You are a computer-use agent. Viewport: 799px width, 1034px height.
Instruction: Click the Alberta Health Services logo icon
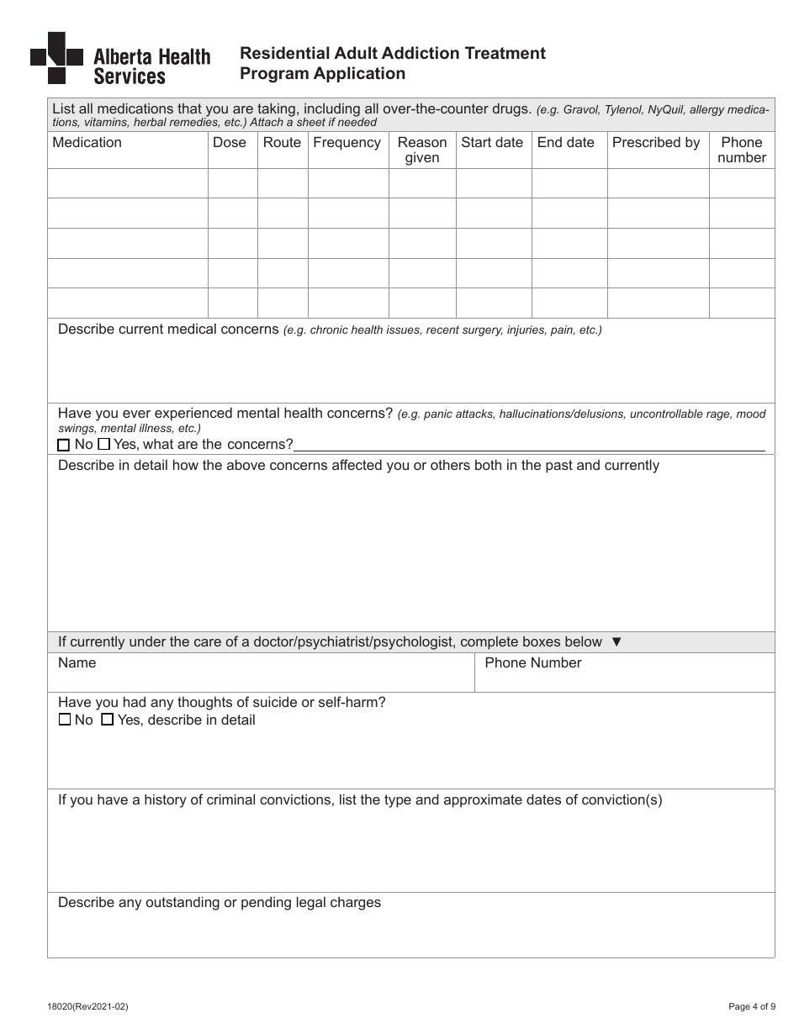click(56, 57)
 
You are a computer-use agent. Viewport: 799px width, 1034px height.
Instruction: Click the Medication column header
click(87, 143)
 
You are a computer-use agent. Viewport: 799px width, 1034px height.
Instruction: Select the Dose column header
click(230, 143)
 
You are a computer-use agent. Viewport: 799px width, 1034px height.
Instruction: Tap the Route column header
click(282, 143)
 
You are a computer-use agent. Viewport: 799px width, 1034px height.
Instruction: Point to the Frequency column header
click(347, 143)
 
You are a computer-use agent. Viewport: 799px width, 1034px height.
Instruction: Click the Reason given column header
click(422, 150)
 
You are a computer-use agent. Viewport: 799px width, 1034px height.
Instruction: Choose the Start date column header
click(492, 143)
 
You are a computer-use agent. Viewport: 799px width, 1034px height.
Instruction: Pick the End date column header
click(566, 143)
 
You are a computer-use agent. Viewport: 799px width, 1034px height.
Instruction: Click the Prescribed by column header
click(656, 143)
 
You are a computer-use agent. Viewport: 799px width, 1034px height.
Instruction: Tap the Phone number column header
click(742, 150)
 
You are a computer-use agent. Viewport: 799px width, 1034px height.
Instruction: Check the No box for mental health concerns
click(64, 445)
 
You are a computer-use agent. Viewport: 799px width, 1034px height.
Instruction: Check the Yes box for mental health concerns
click(104, 444)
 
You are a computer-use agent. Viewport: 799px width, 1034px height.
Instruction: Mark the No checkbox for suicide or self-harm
click(65, 720)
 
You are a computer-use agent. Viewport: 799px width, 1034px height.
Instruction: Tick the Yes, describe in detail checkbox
click(107, 720)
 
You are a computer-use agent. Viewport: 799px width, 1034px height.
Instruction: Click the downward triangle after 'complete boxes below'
click(616, 642)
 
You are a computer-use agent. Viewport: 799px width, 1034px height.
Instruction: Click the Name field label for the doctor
click(77, 663)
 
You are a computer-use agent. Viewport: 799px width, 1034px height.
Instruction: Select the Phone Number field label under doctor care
click(533, 663)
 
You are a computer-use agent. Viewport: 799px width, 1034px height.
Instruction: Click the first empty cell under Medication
click(128, 183)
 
